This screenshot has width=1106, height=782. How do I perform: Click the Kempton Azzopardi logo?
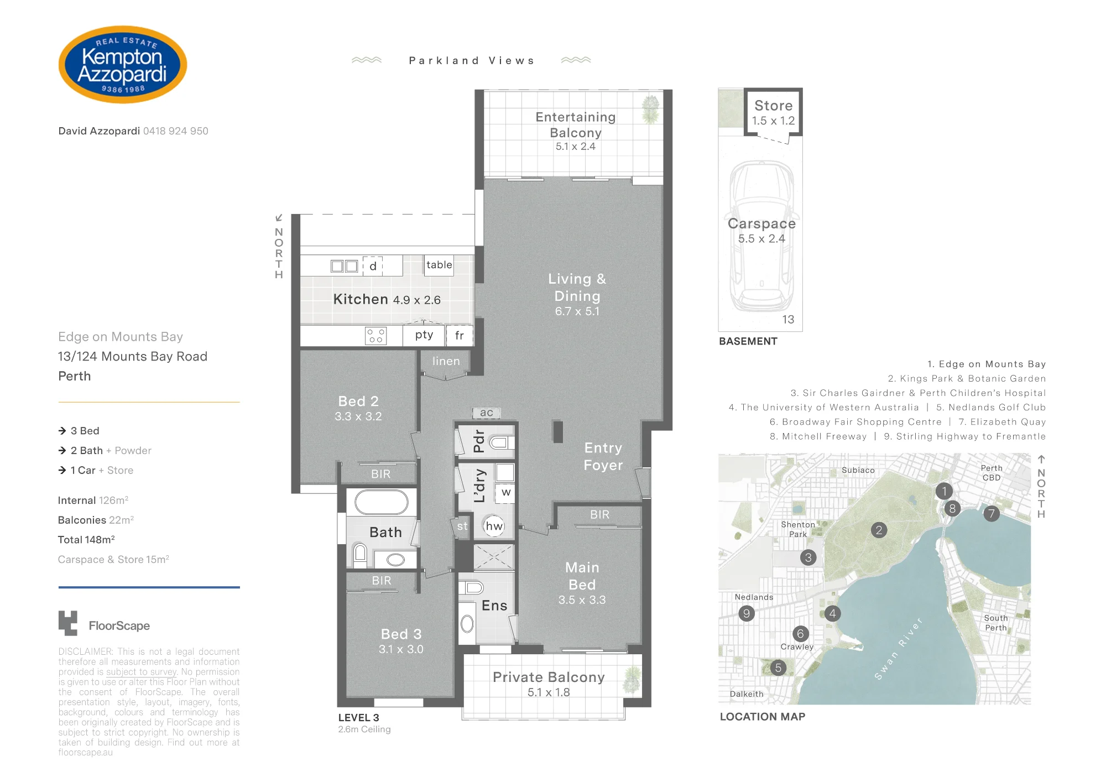point(123,65)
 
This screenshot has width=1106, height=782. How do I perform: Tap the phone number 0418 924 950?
point(176,131)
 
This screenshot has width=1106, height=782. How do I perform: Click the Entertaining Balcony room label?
point(576,131)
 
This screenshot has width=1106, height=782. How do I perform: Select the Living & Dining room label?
point(577,295)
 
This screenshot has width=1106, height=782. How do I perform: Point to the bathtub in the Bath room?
point(382,502)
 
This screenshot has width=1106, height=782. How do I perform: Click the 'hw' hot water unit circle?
point(494,526)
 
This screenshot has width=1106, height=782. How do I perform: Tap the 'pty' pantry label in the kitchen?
point(424,335)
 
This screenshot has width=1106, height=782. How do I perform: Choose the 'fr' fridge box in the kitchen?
point(460,335)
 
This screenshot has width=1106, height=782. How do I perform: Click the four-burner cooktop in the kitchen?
point(376,336)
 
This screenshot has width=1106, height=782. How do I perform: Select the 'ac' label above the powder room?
point(487,413)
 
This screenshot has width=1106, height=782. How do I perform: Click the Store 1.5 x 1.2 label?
point(773,113)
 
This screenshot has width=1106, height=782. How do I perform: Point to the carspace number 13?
point(788,319)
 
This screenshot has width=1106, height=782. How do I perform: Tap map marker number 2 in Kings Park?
point(879,530)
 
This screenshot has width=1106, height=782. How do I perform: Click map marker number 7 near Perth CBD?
point(992,514)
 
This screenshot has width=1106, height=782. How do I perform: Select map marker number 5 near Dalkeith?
point(778,668)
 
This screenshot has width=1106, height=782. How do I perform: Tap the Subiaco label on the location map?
point(858,470)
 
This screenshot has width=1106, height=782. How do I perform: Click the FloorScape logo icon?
point(68,623)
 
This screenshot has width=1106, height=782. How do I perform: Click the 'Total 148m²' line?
point(86,540)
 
